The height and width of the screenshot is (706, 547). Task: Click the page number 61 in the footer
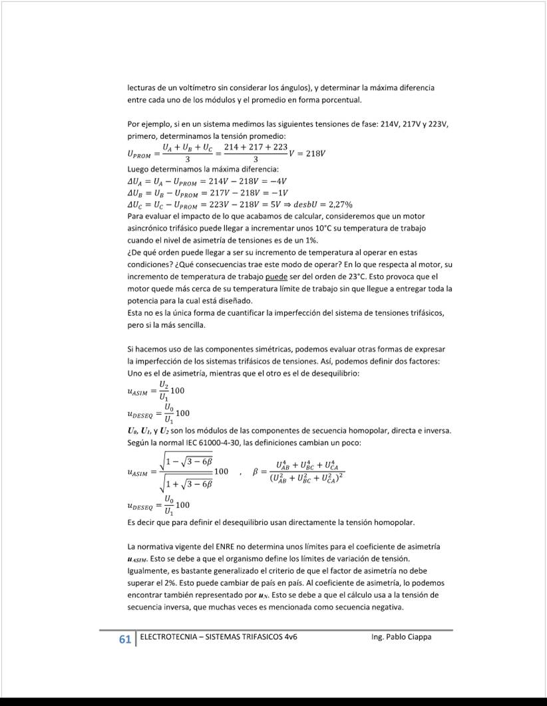coord(124,639)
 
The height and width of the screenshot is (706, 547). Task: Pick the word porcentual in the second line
coord(341,100)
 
